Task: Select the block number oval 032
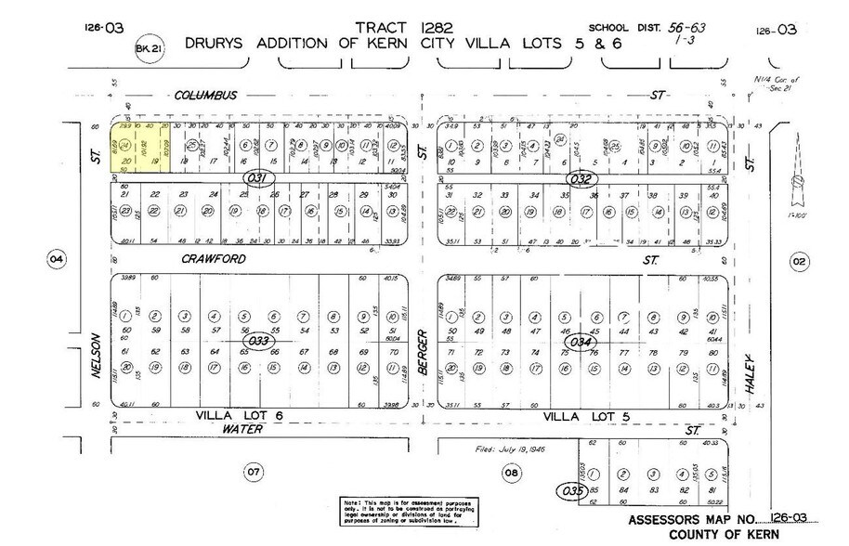[x=582, y=175]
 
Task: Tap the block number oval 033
[x=258, y=340]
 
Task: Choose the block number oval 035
[x=569, y=488]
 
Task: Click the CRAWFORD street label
[x=213, y=260]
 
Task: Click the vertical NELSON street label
[x=96, y=357]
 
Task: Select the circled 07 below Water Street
[x=252, y=474]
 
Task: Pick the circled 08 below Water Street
[x=510, y=474]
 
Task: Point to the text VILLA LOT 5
[x=581, y=415]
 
